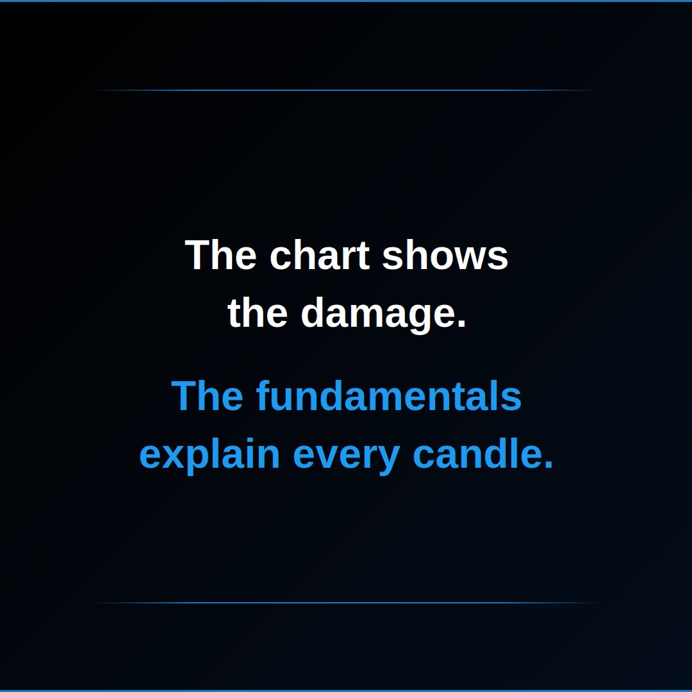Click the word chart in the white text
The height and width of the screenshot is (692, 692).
(x=319, y=254)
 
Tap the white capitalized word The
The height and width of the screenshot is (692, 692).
(x=220, y=254)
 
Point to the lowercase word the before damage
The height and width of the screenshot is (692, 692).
(x=258, y=312)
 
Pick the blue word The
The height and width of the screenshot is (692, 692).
(x=207, y=396)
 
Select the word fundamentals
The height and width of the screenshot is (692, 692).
(x=388, y=396)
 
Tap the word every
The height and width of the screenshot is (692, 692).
(x=347, y=457)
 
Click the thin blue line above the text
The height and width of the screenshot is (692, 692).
(x=346, y=90)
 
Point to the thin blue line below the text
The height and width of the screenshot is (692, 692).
(x=346, y=602)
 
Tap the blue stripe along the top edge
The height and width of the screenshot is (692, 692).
(x=346, y=1)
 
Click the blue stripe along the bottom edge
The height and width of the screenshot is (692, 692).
(x=346, y=691)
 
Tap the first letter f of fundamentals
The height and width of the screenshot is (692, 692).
(x=263, y=396)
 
